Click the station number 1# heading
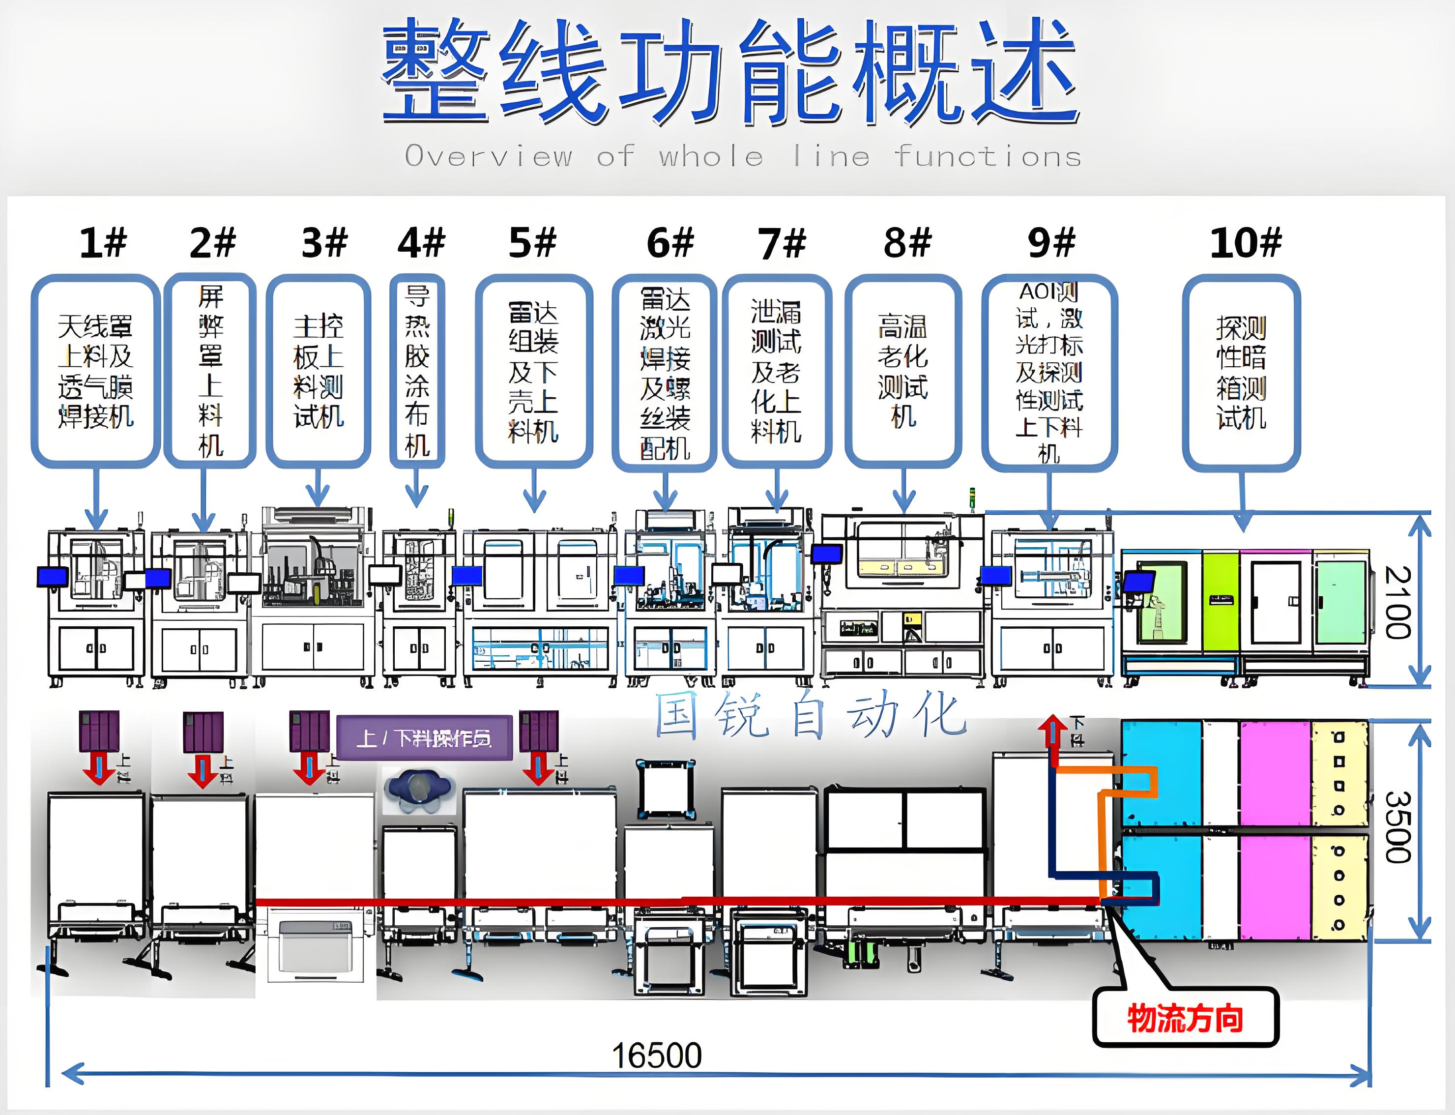[x=103, y=243]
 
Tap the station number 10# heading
[x=1245, y=243]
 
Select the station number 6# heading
[x=670, y=243]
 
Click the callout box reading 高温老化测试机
[x=903, y=372]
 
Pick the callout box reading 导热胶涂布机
[x=417, y=372]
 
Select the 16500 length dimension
[x=656, y=1055]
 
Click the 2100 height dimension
[x=1396, y=602]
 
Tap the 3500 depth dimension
[x=1396, y=827]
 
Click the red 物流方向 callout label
[x=1185, y=1019]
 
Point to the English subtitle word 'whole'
[x=711, y=157]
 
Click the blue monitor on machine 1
[x=53, y=576]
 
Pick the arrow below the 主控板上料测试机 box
[x=319, y=488]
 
